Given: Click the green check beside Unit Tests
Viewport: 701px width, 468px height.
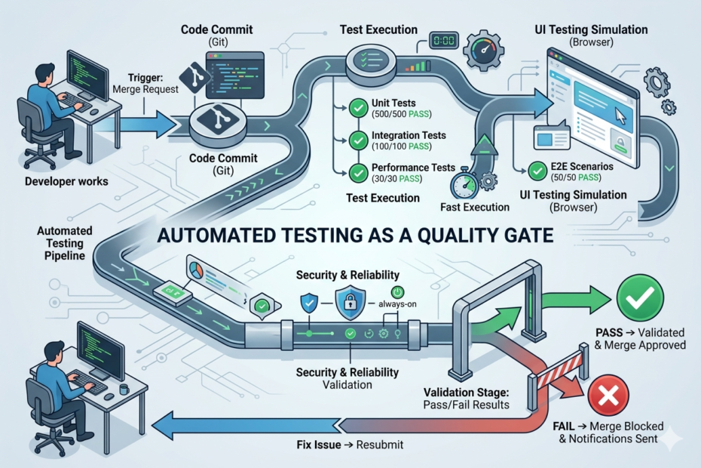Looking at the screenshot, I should pyautogui.click(x=359, y=109).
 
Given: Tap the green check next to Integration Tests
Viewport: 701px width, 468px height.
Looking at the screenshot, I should pyautogui.click(x=359, y=140).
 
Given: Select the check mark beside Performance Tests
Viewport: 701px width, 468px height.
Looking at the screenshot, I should pyautogui.click(x=359, y=172).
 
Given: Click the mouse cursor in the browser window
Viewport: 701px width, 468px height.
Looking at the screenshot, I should pyautogui.click(x=622, y=115).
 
